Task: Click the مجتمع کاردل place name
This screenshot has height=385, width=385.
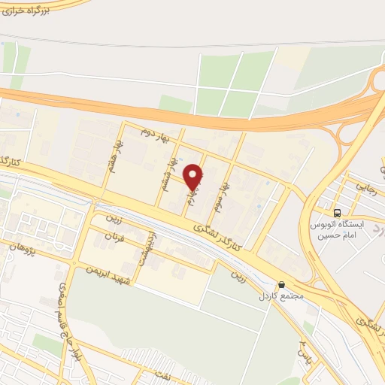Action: pos(281,296)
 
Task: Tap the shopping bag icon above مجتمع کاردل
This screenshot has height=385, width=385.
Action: pos(281,285)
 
